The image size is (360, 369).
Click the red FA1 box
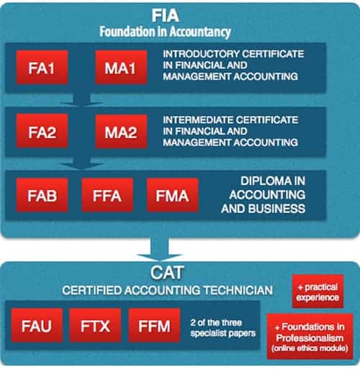pos(42,68)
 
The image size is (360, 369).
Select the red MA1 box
pos(121,68)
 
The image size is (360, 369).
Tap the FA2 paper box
pos(42,131)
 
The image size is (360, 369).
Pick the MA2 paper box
pos(121,132)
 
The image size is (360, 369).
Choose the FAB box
pos(42,195)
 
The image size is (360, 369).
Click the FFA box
pos(107,195)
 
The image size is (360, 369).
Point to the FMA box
pos(173,195)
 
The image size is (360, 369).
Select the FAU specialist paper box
pos(37,325)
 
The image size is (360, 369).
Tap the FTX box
pos(95,325)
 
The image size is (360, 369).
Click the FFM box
pos(154,325)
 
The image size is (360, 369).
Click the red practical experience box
pos(318,291)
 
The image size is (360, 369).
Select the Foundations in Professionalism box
pos(310,337)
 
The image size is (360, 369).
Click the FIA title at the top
pos(166,16)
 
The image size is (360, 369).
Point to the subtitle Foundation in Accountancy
pos(165,32)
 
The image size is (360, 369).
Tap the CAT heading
pos(167,273)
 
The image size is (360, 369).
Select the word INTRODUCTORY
pos(201,54)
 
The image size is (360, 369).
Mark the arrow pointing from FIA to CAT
pos(160,249)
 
